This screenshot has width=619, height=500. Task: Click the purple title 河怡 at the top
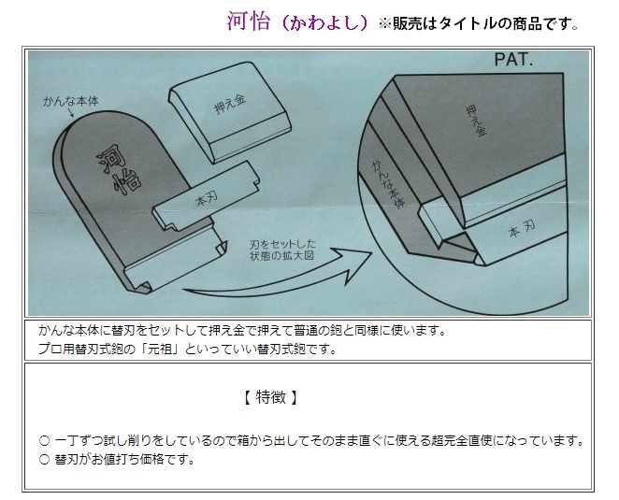point(249,21)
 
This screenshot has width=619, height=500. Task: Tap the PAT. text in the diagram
point(513,60)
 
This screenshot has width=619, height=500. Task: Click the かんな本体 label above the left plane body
point(71,102)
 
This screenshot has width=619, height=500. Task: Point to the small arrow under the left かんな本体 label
point(71,113)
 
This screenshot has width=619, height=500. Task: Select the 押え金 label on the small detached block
point(230,104)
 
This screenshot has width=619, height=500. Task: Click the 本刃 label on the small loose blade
point(207,200)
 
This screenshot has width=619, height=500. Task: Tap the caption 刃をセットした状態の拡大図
point(282,250)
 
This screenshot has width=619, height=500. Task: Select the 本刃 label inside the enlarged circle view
point(522,228)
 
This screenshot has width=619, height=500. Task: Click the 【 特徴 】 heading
point(270,397)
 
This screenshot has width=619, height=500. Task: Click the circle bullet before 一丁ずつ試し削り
point(45,440)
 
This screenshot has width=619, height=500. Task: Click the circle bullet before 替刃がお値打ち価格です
point(45,460)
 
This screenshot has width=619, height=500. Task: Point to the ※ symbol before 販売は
point(385,24)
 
